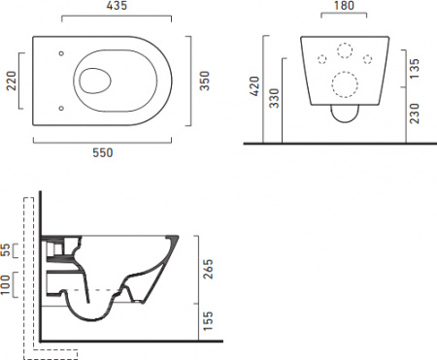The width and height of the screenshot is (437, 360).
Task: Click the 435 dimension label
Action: coord(117,6)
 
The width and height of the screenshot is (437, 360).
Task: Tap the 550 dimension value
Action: coord(103,152)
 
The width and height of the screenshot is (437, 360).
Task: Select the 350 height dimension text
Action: coord(205,81)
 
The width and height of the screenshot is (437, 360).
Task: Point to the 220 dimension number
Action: coord(12,81)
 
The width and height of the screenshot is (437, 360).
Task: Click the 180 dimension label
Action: coord(344,6)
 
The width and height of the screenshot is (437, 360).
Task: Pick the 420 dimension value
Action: coord(255,86)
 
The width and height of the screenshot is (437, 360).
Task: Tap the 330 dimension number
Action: coord(274,98)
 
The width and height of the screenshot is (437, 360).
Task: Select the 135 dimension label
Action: coord(415,68)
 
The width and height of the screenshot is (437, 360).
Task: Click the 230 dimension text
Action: coord(415,114)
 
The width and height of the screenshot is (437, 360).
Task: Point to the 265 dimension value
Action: coord(208,269)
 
